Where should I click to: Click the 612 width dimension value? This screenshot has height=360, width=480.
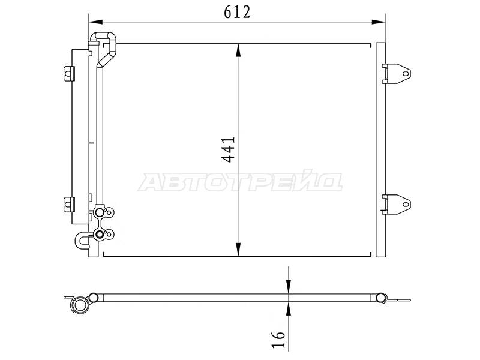237,12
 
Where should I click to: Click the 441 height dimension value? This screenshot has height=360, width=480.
229,149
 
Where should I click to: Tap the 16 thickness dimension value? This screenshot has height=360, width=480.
278,340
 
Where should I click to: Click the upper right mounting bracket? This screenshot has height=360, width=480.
397,73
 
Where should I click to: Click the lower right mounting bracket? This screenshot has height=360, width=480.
397,204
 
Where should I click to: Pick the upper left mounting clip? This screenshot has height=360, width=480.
69,73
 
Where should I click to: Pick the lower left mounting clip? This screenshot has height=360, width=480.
69,203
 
